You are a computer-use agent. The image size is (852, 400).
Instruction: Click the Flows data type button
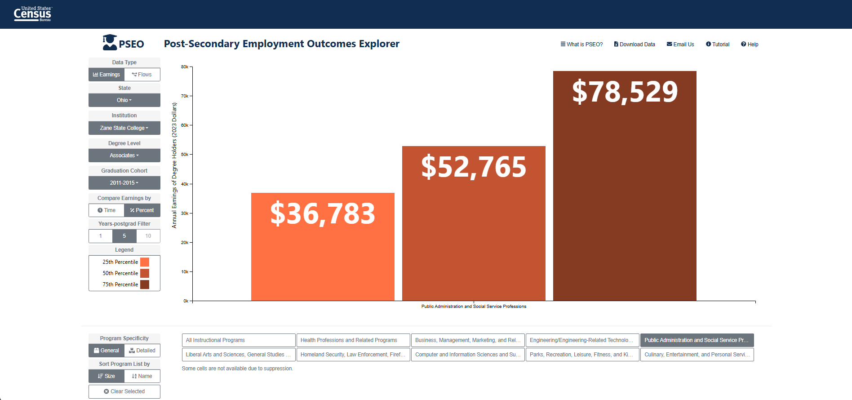tap(142, 75)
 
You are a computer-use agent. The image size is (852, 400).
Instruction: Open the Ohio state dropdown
tap(124, 100)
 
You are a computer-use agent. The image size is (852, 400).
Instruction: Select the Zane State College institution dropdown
tap(124, 128)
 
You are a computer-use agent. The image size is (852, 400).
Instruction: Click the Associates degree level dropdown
tap(124, 156)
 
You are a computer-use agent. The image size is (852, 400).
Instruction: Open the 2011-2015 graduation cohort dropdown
tap(124, 183)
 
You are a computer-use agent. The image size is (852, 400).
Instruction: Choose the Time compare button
tap(106, 210)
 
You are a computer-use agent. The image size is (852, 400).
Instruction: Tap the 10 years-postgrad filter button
tap(148, 236)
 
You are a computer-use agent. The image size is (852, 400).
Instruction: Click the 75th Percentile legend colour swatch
tap(145, 284)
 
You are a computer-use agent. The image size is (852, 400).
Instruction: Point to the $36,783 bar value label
tap(323, 214)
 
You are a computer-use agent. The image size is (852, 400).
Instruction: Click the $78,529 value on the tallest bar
tap(625, 92)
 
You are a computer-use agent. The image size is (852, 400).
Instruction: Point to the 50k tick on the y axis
tap(185, 155)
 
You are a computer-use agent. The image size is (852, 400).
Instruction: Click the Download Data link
tap(635, 44)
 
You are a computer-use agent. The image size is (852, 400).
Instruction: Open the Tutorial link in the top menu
tap(718, 44)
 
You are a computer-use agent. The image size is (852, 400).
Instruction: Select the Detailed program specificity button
tap(142, 351)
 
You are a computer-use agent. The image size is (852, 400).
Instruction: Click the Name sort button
tap(142, 376)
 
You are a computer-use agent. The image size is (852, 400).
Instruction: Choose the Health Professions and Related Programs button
tap(353, 340)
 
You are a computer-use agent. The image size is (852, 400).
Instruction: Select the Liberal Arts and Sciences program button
tap(239, 355)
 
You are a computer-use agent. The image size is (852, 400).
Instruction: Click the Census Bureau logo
tap(33, 14)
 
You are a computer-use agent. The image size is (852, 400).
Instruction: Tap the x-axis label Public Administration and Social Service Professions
tap(474, 307)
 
